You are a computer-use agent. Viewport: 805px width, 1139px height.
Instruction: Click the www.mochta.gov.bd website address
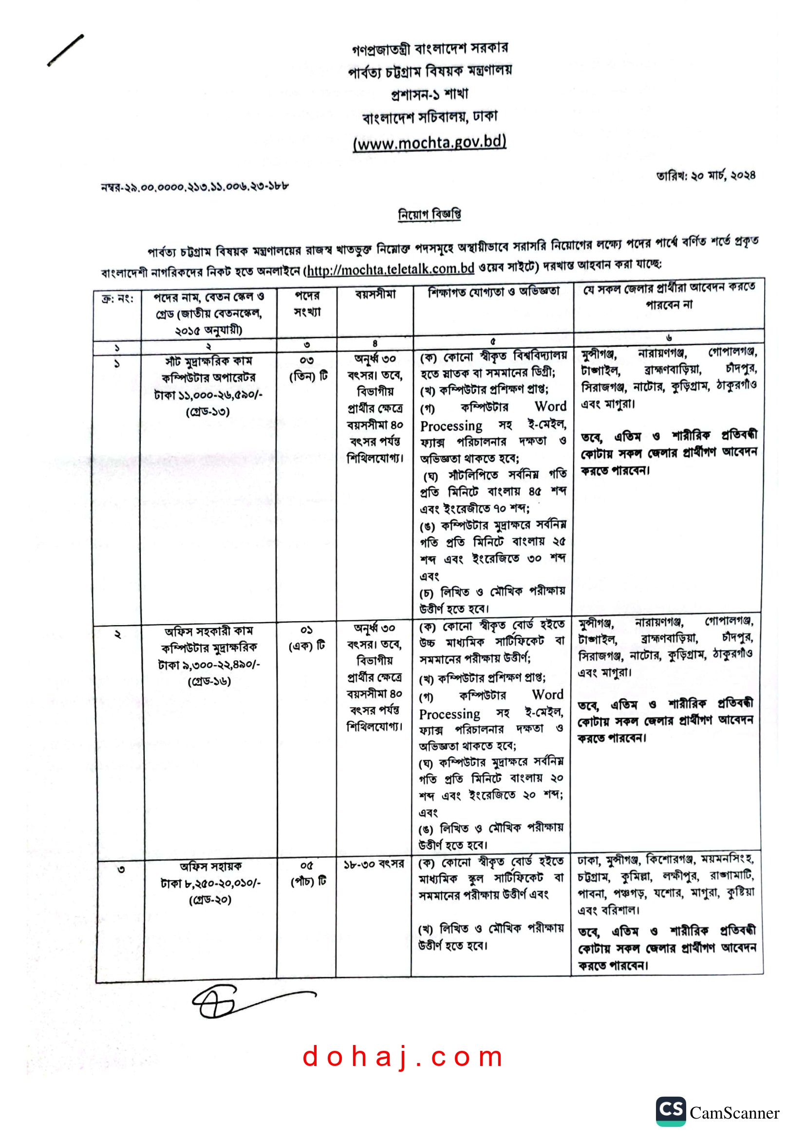coord(429,142)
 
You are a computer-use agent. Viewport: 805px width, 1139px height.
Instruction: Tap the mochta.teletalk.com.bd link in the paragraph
coord(391,269)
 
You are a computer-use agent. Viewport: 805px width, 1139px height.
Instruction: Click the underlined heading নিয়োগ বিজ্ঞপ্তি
coord(430,214)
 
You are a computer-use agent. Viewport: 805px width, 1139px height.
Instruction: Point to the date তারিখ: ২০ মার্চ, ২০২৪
coord(705,176)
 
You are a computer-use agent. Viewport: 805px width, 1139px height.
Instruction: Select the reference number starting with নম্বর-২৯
coord(194,187)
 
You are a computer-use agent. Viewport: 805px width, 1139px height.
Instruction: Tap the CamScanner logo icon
coord(671,1111)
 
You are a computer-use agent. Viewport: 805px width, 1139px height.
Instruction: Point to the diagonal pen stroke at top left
coord(65,50)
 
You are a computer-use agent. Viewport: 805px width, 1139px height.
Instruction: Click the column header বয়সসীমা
coord(375,295)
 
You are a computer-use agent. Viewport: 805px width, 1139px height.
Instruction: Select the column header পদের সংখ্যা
coord(307,303)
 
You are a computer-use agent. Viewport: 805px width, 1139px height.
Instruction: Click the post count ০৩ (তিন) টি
coord(307,368)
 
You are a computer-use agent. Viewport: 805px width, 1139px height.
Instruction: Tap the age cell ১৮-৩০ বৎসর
coord(374,864)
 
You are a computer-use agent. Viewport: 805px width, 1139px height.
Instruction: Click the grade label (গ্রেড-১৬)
coord(209,682)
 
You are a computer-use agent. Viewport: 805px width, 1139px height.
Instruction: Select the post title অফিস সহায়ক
coord(210,867)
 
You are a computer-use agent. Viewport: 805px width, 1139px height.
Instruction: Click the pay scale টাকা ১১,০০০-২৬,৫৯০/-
coord(208,395)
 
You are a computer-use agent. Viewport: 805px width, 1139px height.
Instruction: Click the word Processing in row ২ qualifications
coord(449,714)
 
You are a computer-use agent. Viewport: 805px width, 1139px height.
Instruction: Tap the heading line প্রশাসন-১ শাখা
coord(429,94)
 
